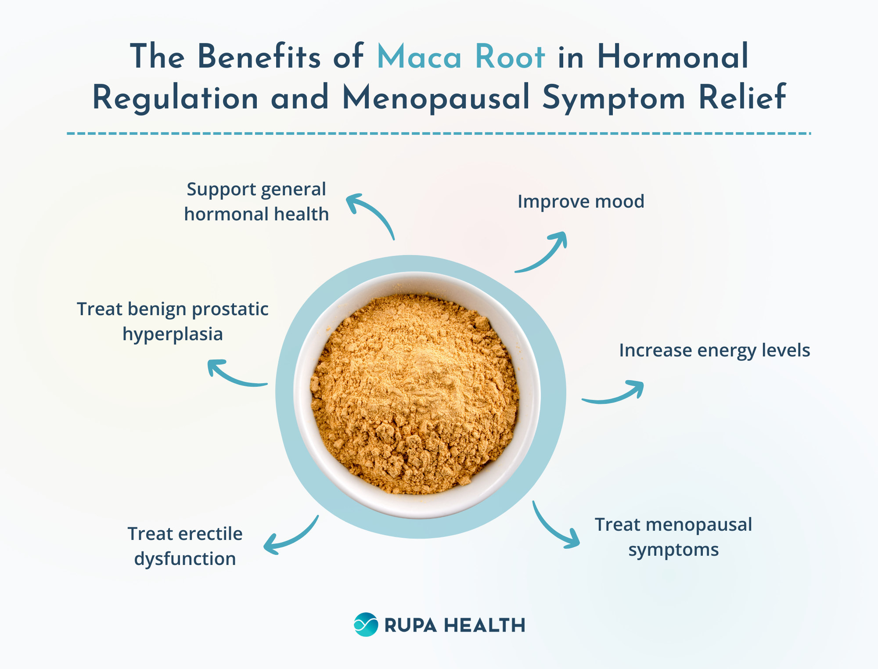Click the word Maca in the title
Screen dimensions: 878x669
pyautogui.click(x=419, y=57)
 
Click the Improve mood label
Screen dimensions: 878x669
pyautogui.click(x=581, y=201)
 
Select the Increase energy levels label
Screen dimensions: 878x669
pyautogui.click(x=714, y=351)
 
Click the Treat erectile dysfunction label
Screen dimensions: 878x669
pyautogui.click(x=185, y=547)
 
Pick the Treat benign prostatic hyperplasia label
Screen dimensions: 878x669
pyautogui.click(x=173, y=321)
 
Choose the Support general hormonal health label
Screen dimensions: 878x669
pyautogui.click(x=256, y=202)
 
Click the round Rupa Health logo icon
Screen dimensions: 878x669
pyautogui.click(x=366, y=625)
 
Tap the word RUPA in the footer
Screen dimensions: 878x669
pyautogui.click(x=410, y=626)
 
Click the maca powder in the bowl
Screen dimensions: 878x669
pyautogui.click(x=415, y=393)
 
